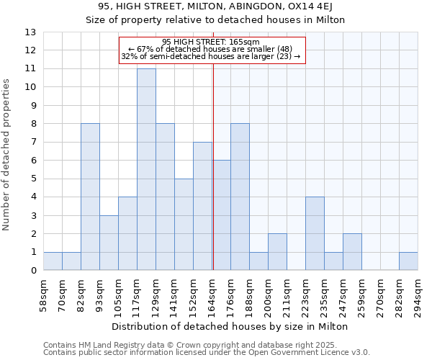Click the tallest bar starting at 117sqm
[x=146, y=169]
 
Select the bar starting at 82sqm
[x=90, y=197]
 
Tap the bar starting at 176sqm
[x=240, y=197]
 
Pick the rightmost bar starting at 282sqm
[x=408, y=261]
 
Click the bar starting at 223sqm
[x=315, y=233]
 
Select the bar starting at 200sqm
[x=277, y=252]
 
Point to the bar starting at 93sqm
[x=109, y=243]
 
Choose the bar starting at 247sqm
[x=352, y=252]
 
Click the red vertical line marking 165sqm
[x=213, y=166]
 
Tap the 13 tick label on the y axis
[x=30, y=32]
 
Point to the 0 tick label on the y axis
[x=33, y=271]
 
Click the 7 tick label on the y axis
[x=33, y=143]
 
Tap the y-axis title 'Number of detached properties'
[x=7, y=156]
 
